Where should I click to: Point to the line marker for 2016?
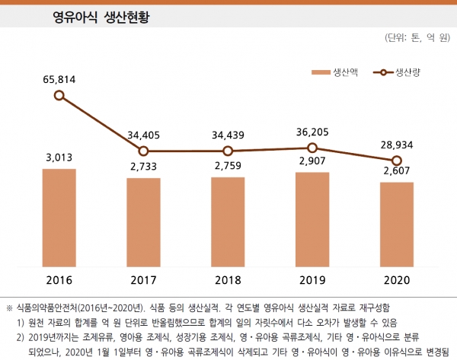tap(59, 96)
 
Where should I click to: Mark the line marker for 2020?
tap(396, 161)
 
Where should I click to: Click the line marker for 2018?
tap(228, 151)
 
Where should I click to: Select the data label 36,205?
tap(312, 131)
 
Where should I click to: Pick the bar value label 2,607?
tap(396, 172)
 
